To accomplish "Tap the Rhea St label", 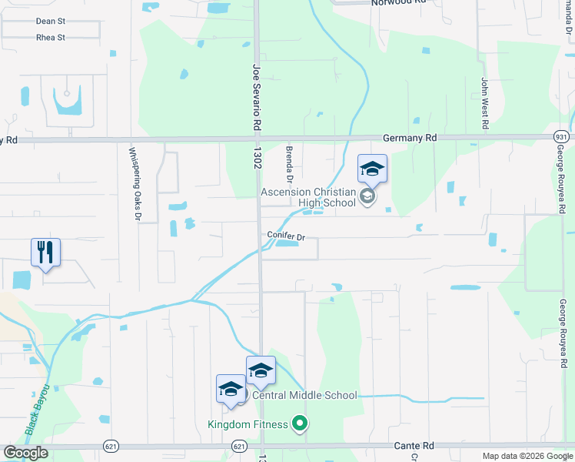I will point(50,37).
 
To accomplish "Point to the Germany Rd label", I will point(409,137).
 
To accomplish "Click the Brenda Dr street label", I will point(290,161).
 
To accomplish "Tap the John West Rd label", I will point(485,103).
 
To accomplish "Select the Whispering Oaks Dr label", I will point(131,184).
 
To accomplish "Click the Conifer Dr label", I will point(287,236).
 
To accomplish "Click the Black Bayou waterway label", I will point(37,410).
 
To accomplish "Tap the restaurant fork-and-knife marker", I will point(45,252).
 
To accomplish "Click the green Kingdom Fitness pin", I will point(301,423).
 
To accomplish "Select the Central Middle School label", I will point(304,396).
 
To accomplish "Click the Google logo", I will point(25,453).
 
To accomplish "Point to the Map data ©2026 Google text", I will point(528,456).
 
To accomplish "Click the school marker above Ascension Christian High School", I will point(372,169).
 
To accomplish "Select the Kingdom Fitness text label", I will point(248,424).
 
